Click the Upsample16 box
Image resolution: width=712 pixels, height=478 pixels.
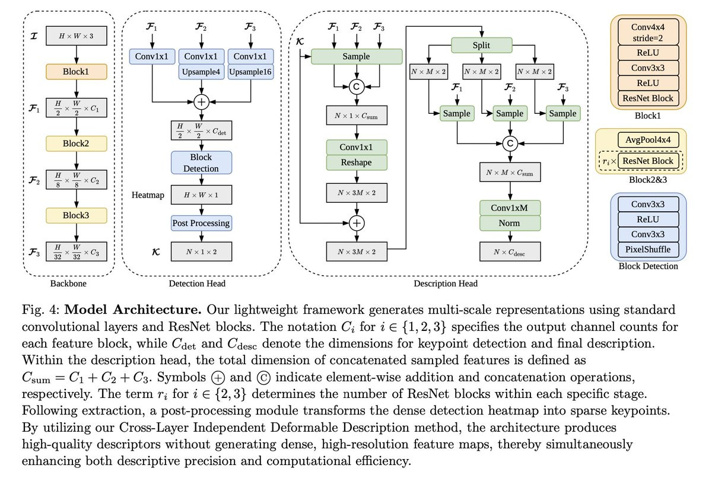250,72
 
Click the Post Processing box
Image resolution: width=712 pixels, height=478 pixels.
201,223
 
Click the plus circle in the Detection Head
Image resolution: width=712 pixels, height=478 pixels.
202,101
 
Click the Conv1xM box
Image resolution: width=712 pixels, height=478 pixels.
510,209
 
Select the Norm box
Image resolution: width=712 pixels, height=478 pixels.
510,224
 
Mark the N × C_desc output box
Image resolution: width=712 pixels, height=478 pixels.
510,252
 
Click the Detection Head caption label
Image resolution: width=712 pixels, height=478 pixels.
201,284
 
